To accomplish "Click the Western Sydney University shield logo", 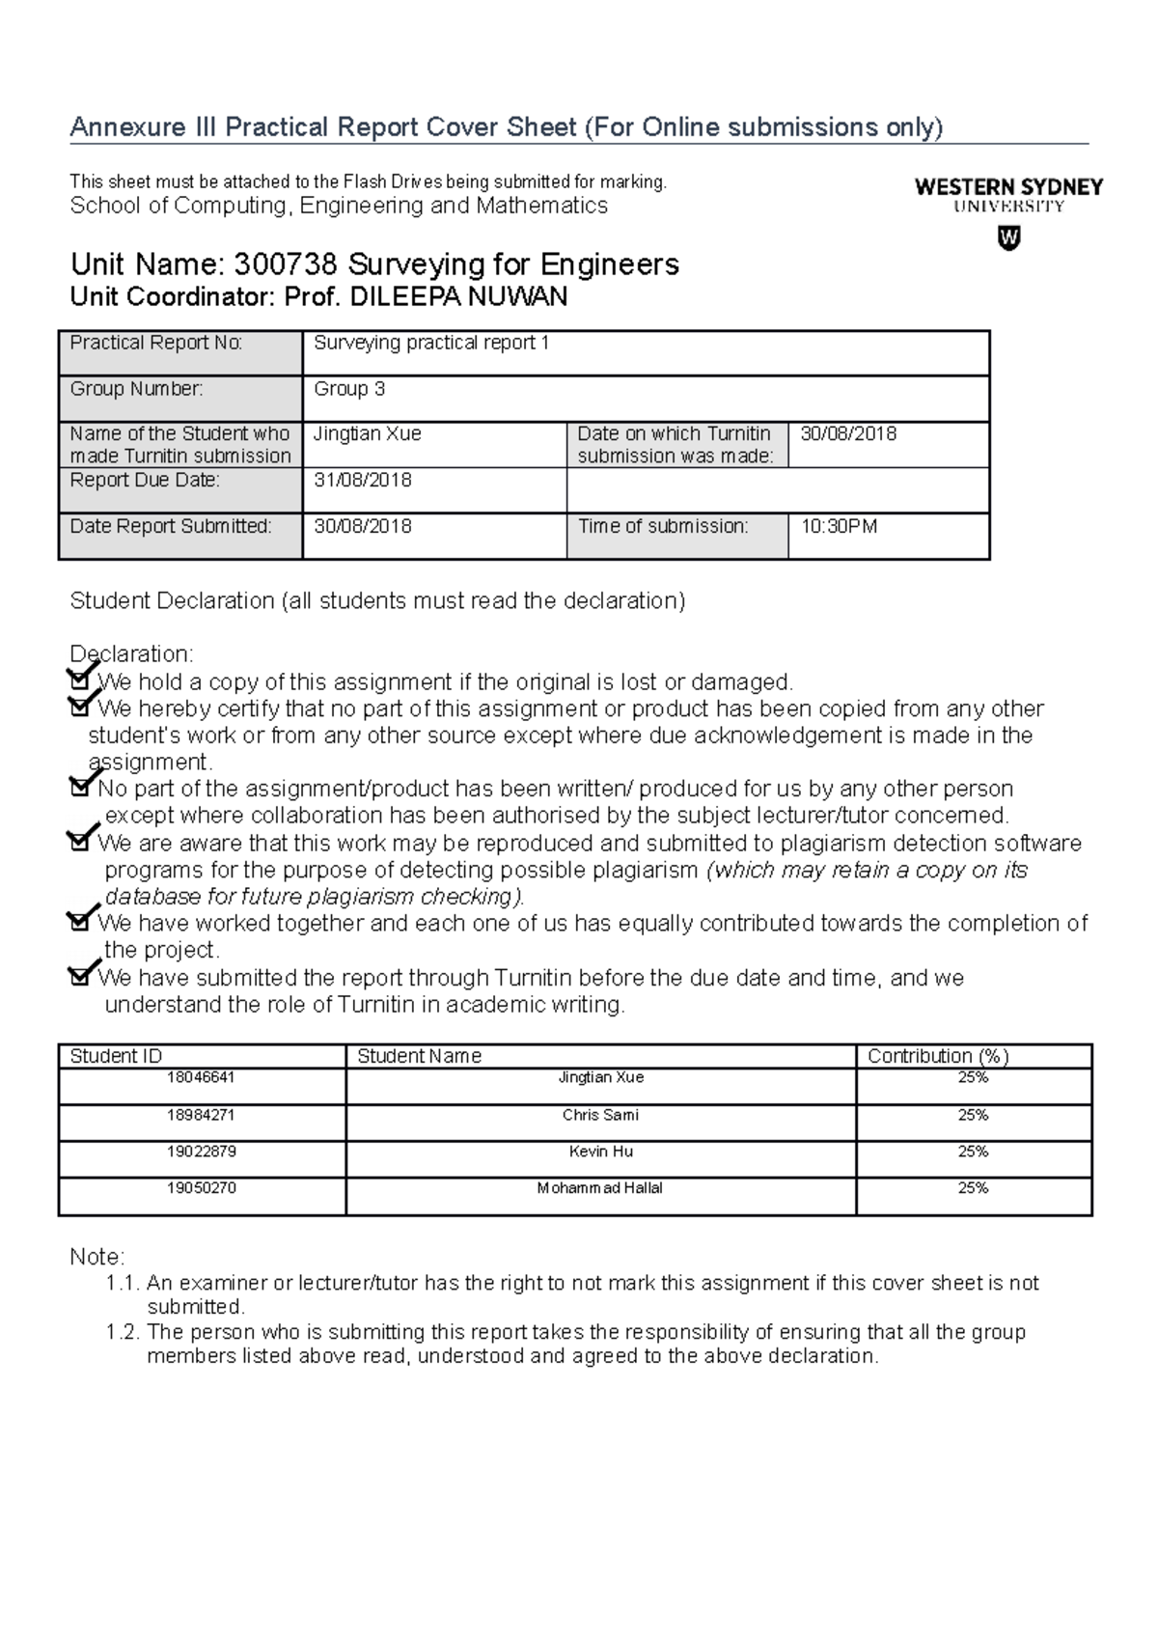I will click(1008, 237).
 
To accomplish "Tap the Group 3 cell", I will click(349, 389).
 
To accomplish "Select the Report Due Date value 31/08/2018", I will click(363, 480).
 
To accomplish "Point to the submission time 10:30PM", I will click(839, 526).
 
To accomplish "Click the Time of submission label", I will click(663, 526).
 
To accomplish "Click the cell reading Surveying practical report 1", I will click(431, 343).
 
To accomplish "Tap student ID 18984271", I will click(201, 1115).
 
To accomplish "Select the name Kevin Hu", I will click(601, 1152).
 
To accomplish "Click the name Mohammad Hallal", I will click(600, 1188).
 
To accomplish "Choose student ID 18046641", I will click(201, 1077).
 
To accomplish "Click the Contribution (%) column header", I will click(938, 1056).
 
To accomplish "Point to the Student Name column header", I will click(419, 1056).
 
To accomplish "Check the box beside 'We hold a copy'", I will click(79, 681).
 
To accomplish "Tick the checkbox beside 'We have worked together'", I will click(79, 923).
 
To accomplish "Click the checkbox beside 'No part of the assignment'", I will click(79, 788).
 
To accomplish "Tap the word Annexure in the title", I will click(122, 126).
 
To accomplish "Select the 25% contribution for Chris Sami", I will click(973, 1115).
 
